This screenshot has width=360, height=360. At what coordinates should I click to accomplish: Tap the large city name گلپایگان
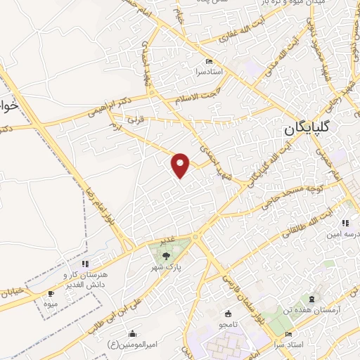[x=314, y=129]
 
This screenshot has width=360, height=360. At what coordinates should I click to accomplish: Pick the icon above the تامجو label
[x=228, y=314]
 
